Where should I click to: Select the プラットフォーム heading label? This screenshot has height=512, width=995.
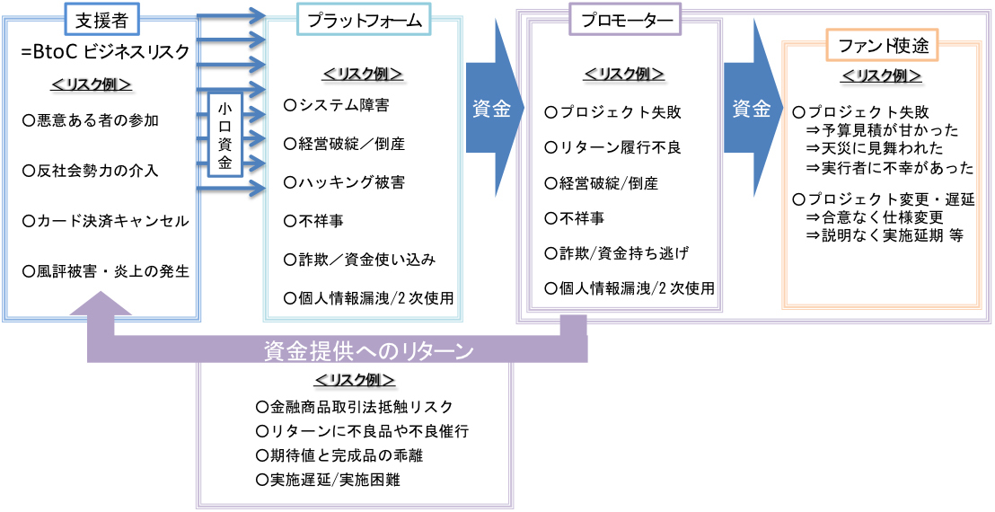point(364,19)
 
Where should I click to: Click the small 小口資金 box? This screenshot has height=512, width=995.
point(225,134)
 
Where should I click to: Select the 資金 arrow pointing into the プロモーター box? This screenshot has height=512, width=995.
point(492,110)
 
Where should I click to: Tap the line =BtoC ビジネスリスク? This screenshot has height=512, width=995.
point(105,52)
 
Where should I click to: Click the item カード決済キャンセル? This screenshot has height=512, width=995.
point(106,220)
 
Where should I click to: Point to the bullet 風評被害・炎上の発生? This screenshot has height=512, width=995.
point(106,270)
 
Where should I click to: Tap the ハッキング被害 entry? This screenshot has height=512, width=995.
point(344,182)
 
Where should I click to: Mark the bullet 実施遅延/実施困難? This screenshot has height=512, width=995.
point(329,480)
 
